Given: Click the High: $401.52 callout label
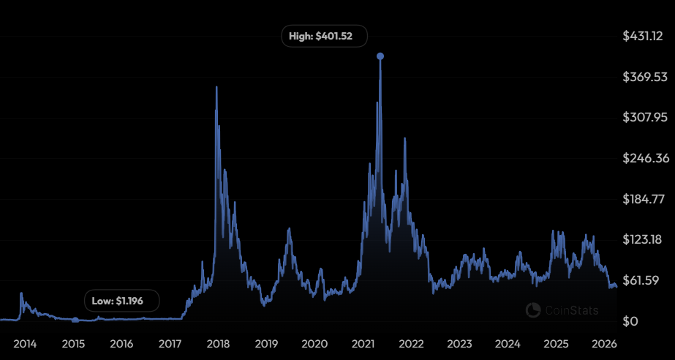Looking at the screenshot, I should [x=324, y=37].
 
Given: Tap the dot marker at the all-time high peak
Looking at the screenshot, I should [x=380, y=56].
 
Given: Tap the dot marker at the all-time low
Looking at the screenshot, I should [x=75, y=320].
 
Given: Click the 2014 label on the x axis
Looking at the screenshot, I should [x=26, y=343].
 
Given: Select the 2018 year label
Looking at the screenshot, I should [x=218, y=343].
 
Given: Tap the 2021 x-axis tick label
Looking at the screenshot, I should [x=363, y=343].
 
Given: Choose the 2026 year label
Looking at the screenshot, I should [x=604, y=343].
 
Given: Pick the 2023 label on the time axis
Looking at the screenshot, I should [x=459, y=343].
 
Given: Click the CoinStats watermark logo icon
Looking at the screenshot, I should [x=533, y=310].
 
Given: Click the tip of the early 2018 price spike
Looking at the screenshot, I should [x=216, y=87].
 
